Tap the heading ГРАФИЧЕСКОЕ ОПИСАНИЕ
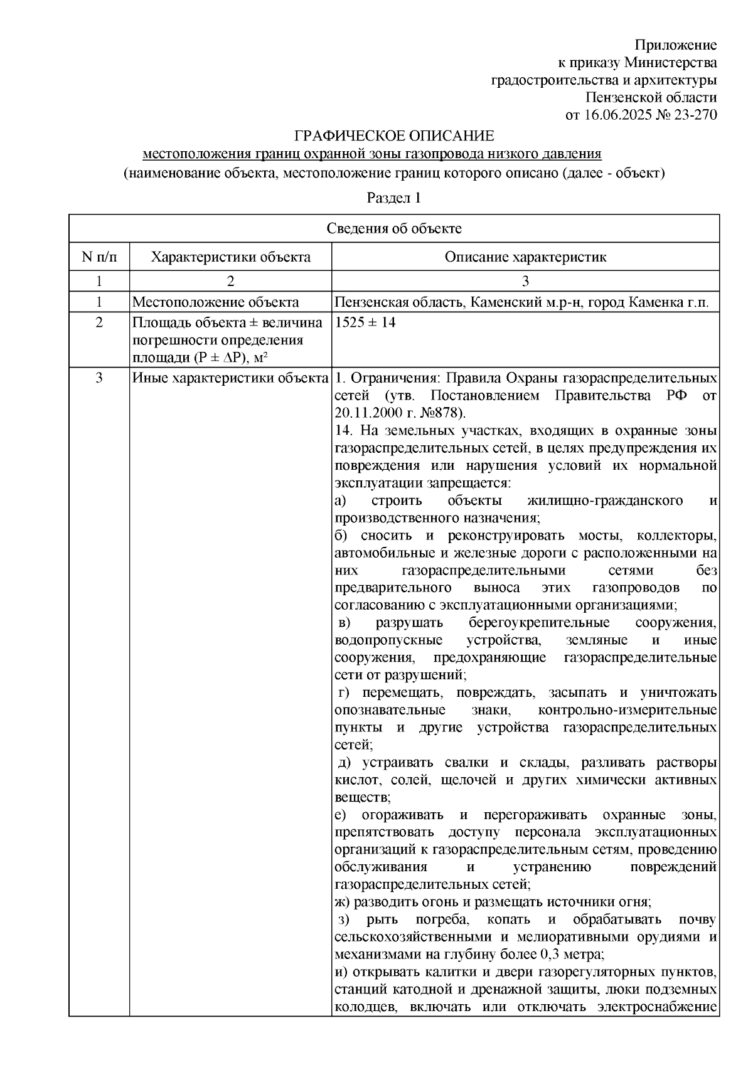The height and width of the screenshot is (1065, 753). (395, 135)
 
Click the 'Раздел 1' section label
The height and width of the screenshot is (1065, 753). (393, 198)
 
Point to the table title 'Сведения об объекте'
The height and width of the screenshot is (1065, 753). (394, 228)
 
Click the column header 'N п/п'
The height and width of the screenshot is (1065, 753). (99, 257)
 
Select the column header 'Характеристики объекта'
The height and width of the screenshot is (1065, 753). (231, 257)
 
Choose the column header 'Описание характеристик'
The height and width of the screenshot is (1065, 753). (525, 257)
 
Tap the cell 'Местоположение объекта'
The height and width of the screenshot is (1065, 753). (215, 302)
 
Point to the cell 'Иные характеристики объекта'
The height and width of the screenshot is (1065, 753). (230, 378)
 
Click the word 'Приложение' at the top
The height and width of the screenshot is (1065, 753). (676, 45)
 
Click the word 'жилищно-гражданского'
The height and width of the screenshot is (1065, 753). (605, 501)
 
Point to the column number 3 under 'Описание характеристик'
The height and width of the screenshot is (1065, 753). (525, 280)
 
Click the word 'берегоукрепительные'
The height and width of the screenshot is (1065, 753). (539, 623)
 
